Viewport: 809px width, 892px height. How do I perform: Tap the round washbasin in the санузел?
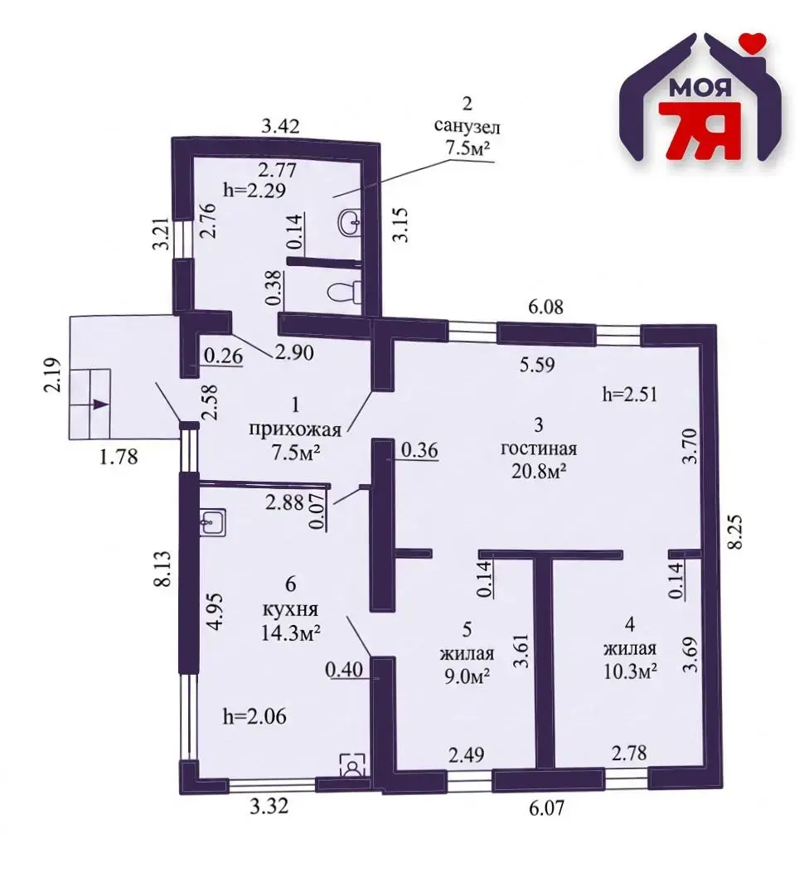(350, 219)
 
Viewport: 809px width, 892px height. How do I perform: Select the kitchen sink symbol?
(213, 521)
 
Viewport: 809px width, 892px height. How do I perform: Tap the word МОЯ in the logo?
(700, 87)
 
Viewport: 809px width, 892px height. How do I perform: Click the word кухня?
(290, 610)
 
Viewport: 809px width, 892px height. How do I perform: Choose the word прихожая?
(295, 429)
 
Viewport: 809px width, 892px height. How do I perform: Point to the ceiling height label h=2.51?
(630, 394)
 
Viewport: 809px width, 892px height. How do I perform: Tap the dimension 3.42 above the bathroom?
(280, 125)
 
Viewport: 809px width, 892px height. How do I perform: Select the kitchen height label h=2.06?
(254, 716)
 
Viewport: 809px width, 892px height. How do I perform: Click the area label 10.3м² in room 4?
(630, 671)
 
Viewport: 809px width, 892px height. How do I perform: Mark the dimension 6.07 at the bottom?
(546, 807)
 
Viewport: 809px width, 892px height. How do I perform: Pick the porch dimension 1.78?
(119, 456)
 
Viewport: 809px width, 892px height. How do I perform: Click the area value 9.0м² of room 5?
(467, 676)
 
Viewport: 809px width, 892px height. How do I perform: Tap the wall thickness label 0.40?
(344, 669)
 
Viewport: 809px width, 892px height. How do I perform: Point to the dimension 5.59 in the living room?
(537, 364)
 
